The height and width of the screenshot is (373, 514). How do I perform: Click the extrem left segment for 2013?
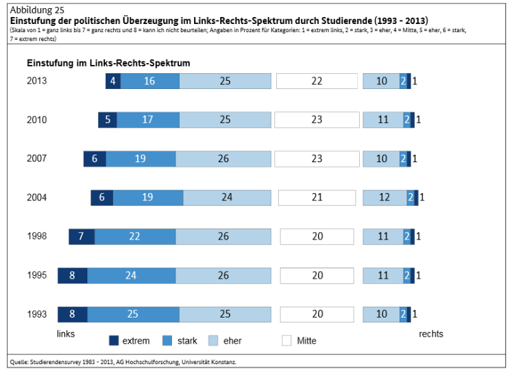tap(113, 81)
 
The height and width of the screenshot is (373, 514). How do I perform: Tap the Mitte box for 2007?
tap(317, 159)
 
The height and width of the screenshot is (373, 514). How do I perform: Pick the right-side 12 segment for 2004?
tap(384, 198)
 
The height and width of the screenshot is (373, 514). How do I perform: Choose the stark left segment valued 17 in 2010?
tap(148, 120)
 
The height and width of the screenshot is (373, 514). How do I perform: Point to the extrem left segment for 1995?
tap(73, 276)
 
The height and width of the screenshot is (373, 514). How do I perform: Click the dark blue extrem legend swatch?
tap(114, 340)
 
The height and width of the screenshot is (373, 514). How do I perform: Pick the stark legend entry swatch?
tap(167, 340)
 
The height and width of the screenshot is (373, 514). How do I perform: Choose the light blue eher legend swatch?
tap(213, 340)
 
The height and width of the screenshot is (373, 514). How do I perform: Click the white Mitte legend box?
tap(286, 340)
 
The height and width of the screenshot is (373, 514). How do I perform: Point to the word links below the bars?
tap(65, 334)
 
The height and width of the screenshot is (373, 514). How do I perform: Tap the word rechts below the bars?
tap(431, 334)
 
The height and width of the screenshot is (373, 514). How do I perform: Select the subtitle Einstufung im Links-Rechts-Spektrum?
tap(108, 62)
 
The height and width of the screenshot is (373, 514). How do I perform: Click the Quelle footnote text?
tap(123, 362)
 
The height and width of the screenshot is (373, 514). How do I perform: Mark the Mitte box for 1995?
tap(317, 276)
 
